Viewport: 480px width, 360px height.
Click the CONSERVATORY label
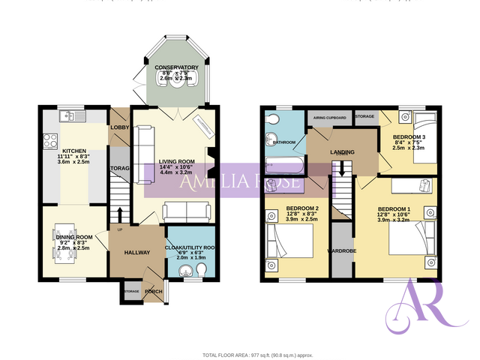(x=176, y=67)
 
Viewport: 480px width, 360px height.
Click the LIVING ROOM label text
(x=176, y=160)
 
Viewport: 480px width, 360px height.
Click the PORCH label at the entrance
(x=153, y=292)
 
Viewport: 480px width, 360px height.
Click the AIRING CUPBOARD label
(x=330, y=118)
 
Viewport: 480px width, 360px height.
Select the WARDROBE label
(x=341, y=252)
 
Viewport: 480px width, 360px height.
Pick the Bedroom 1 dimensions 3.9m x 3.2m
(x=394, y=221)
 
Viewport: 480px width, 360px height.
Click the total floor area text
(x=256, y=354)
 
